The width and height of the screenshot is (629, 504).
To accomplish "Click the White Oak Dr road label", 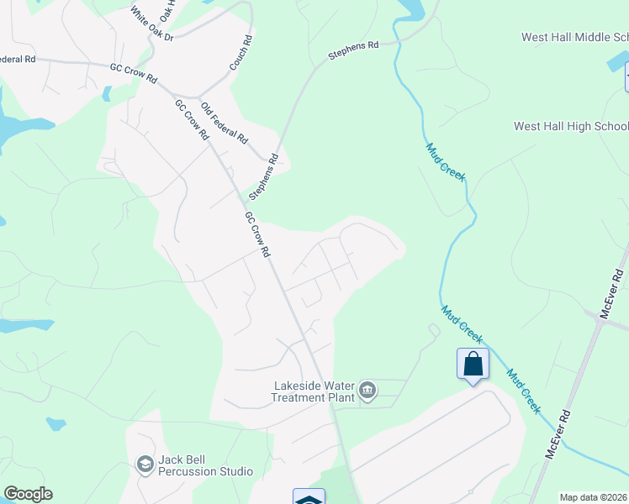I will point(151,26).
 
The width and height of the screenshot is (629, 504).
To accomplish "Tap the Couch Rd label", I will point(240,52).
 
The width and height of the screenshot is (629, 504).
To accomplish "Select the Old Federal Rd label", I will point(225,122).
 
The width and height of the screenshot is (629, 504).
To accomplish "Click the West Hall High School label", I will point(571,126).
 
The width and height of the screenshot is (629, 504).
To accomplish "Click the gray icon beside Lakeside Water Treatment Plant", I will point(367,390).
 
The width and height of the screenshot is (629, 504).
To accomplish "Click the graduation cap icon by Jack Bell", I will point(145,464).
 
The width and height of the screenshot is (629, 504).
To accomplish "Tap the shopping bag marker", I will point(473,365).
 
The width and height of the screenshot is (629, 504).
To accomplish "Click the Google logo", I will point(28,494).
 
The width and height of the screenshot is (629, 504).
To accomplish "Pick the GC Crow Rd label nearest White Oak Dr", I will point(134,73).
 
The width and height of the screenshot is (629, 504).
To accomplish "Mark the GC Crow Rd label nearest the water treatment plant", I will point(256,234).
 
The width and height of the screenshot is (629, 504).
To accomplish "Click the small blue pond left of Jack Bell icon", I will point(56,423).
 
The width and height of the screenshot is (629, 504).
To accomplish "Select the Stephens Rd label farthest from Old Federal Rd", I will point(353,51).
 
